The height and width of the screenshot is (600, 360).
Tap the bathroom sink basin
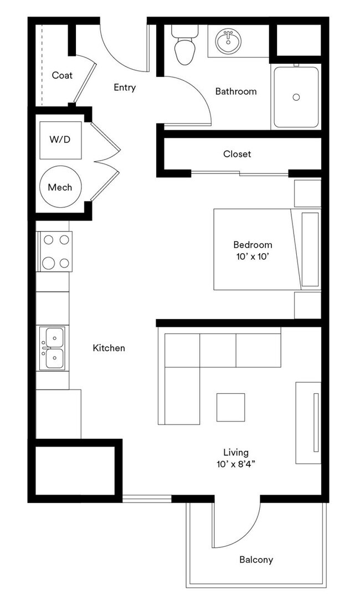(227, 40)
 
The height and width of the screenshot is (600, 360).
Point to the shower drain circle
(296, 97)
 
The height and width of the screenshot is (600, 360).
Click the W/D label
(60, 140)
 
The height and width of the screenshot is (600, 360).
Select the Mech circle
(60, 187)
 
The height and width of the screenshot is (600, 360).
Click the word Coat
(62, 75)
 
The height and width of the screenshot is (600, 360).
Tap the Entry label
(125, 88)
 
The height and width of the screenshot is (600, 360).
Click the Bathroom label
(236, 91)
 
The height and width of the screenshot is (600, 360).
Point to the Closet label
(237, 154)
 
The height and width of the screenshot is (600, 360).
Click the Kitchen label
(109, 348)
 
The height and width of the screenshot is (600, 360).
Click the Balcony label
(256, 560)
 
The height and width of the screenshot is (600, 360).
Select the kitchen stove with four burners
(55, 252)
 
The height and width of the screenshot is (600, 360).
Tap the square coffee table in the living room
(230, 407)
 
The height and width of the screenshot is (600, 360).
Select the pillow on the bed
(310, 249)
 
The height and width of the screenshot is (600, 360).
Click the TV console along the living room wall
(308, 422)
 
